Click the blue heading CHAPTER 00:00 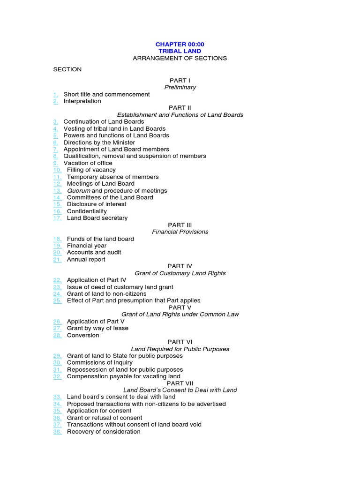click(180, 45)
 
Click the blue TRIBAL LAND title click(180, 52)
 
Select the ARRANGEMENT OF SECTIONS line click(180, 59)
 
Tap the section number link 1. click(55, 94)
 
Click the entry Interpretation click(82, 101)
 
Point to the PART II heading click(180, 108)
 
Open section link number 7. click(55, 150)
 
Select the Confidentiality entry click(87, 211)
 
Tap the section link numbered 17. click(57, 218)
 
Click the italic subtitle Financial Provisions click(180, 232)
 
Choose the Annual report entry click(86, 260)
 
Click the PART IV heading click(180, 266)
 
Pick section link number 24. click(57, 294)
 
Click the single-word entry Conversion click(83, 336)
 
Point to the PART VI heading click(180, 342)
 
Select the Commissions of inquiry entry click(99, 363)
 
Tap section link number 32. click(57, 376)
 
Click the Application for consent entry click(99, 411)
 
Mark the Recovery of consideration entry click(104, 432)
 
